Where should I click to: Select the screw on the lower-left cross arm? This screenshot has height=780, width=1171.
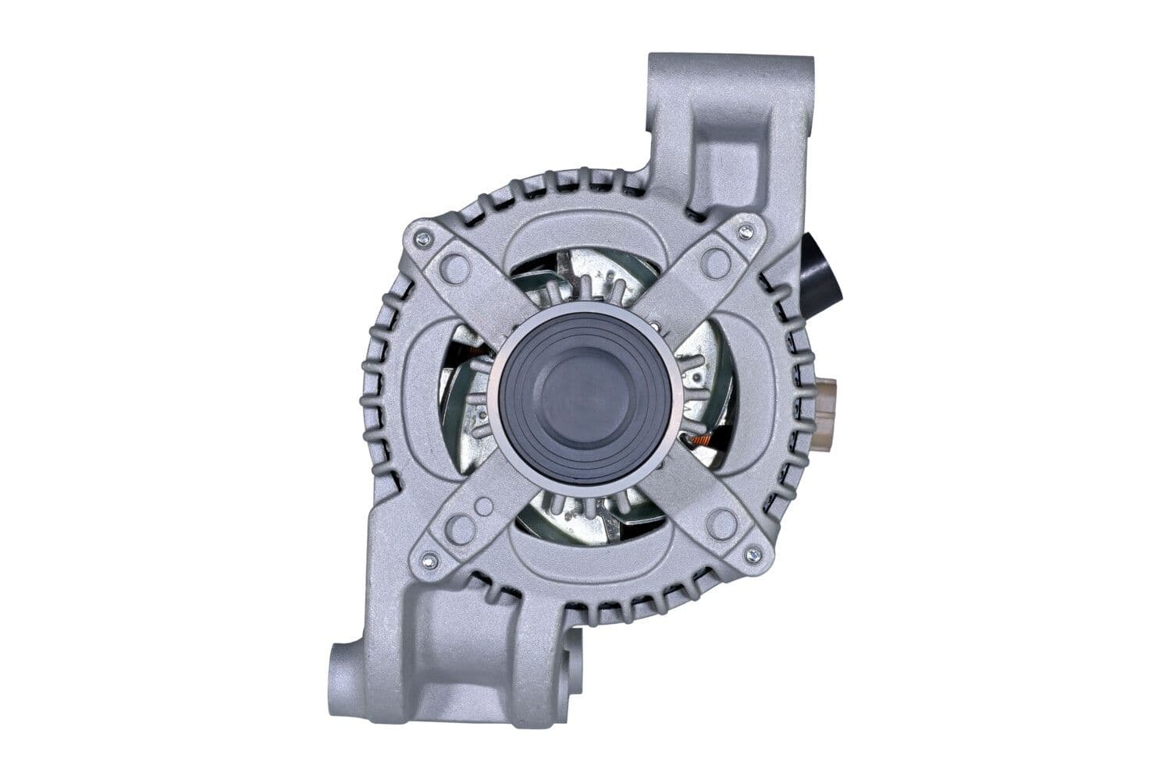[x=428, y=559]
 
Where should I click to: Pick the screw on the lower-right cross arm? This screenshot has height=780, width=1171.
[x=753, y=555]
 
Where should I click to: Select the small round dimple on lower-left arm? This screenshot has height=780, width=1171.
[x=484, y=506]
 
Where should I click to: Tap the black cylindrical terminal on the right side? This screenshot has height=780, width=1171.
[x=821, y=272]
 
